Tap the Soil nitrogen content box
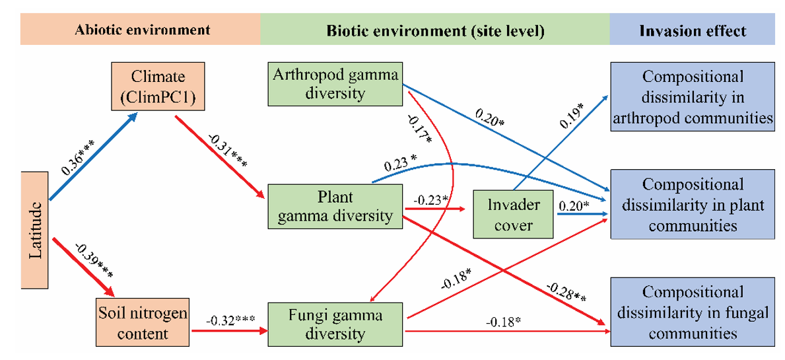click(x=141, y=322)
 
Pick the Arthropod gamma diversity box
click(x=335, y=84)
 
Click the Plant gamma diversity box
click(x=335, y=206)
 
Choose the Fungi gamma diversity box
click(x=335, y=324)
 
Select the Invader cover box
click(x=513, y=214)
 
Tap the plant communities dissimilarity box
click(x=693, y=204)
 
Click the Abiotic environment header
click(x=141, y=30)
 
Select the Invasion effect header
click(x=692, y=30)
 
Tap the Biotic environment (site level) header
click(x=435, y=30)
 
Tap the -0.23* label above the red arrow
click(x=431, y=199)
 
